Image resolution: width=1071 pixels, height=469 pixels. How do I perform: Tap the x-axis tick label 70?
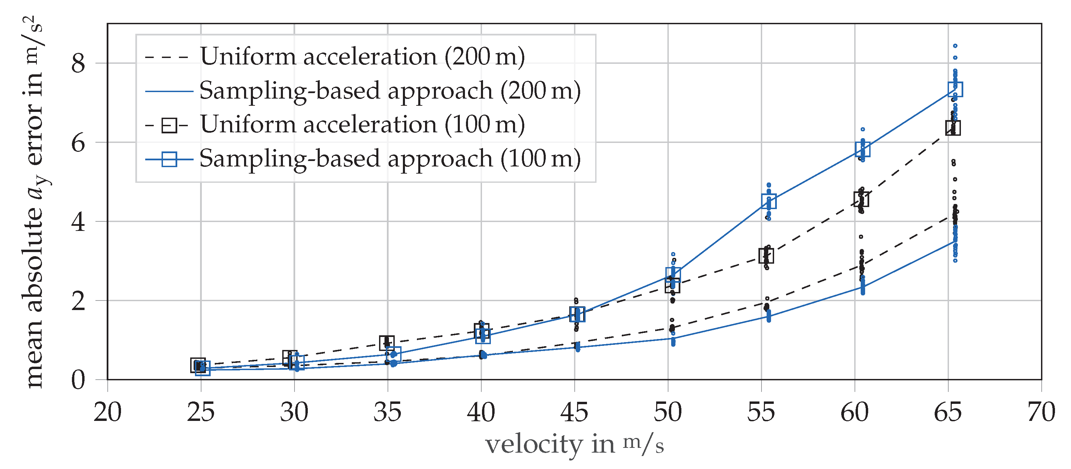pos(1041,413)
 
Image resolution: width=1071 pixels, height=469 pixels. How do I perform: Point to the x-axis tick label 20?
pos(108,413)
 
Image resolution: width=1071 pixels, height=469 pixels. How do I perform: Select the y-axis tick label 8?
pos(78,64)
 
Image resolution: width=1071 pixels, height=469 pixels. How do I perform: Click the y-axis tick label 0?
pos(78,380)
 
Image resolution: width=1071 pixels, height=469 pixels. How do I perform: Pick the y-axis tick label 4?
pos(78,222)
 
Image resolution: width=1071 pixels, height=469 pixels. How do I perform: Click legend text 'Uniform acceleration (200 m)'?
pos(362,56)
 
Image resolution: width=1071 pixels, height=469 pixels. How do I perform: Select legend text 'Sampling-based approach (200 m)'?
pos(390,90)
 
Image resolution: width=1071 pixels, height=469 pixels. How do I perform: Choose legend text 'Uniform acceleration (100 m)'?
pos(362,124)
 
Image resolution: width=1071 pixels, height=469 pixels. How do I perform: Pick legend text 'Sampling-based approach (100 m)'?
pos(390,159)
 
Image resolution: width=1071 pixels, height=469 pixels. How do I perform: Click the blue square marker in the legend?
pos(169,159)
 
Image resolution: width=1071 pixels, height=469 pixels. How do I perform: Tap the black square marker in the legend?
pos(169,125)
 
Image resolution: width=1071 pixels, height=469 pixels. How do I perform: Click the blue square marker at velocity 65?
pos(955,89)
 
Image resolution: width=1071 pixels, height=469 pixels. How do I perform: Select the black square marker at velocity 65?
pos(953,128)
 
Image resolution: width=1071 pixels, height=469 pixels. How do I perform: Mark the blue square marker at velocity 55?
pos(769,201)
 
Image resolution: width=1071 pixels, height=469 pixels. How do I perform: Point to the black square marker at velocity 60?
pos(861,199)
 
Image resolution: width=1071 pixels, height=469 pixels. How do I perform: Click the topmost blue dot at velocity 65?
pos(955,46)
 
